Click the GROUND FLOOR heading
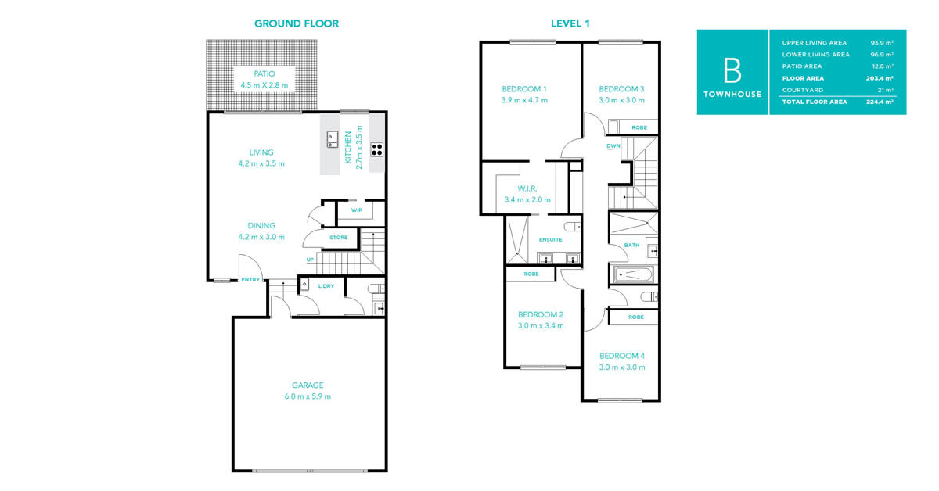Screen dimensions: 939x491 tap(297, 23)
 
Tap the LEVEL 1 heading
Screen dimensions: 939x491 tap(570, 23)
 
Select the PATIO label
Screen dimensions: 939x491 tap(264, 73)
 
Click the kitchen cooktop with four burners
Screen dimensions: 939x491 tap(376, 149)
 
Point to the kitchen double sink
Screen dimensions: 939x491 tap(333, 139)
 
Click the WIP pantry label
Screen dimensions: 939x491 tap(356, 210)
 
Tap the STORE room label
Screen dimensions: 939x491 tap(338, 238)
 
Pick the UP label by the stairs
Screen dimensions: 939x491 tap(310, 260)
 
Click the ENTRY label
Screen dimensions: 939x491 tap(250, 279)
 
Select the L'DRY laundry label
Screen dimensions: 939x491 tap(326, 286)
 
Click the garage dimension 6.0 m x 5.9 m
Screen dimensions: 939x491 tap(308, 396)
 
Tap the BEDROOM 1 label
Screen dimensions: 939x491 tap(524, 89)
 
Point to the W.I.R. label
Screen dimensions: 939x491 tap(527, 188)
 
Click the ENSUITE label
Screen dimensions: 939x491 tap(550, 239)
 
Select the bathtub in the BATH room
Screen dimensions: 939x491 tap(632, 275)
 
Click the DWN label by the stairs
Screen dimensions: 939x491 tap(613, 145)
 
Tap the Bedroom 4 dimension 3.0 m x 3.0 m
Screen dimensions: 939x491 tap(621, 367)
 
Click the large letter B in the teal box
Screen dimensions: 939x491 tap(732, 70)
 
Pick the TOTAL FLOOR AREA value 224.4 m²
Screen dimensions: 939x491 tap(880, 102)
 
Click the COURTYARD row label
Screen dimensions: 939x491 tap(802, 90)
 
